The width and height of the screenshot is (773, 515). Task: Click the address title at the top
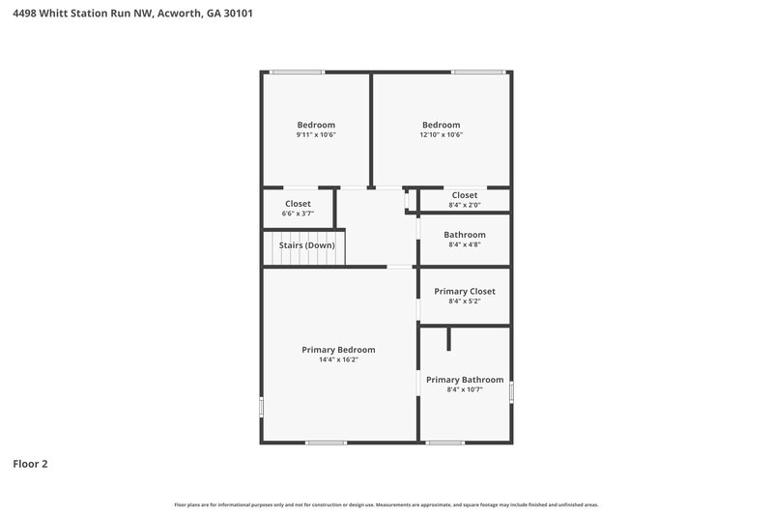pos(132,14)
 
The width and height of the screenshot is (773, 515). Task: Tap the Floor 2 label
pos(30,464)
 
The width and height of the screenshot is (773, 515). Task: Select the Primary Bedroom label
pos(338,350)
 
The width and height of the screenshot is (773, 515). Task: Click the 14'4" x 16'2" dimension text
pos(338,360)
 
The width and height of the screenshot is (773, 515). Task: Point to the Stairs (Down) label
pos(306,245)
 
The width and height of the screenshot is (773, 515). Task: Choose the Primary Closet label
pos(464,291)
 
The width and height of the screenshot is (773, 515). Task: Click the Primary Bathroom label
pos(465,380)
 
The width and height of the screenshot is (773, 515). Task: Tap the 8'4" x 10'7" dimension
pos(465,390)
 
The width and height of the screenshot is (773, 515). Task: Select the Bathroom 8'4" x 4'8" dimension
pos(465,245)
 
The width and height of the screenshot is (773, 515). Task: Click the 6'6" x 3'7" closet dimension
pos(298,214)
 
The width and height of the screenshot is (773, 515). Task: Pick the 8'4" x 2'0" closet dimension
pos(465,205)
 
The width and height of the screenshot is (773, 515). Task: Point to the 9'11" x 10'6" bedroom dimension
pos(316,135)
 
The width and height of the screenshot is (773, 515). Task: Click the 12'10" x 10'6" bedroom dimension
pos(441,135)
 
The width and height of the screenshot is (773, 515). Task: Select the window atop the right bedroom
pos(478,72)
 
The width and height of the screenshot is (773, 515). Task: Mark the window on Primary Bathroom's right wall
pos(511,391)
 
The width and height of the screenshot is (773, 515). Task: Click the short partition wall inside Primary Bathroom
pos(448,339)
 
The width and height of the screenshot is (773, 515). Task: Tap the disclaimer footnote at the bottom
pos(386,504)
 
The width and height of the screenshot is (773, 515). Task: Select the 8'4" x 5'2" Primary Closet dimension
pos(465,301)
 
